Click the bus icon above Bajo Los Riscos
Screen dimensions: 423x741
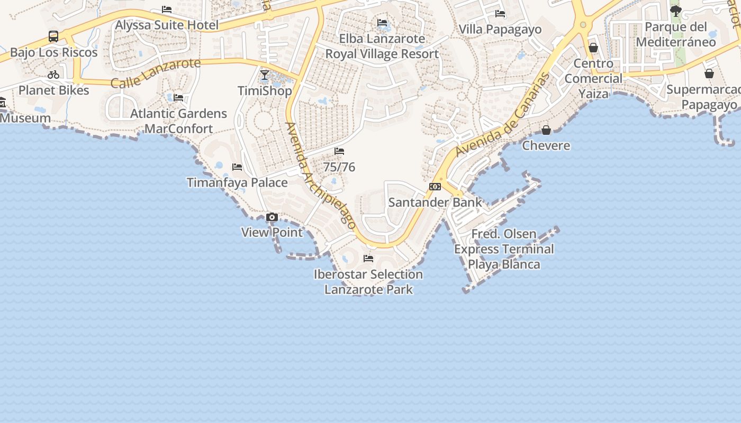point(53,36)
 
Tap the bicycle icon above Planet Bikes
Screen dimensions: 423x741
point(53,75)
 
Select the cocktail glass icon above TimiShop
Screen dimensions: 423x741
point(265,75)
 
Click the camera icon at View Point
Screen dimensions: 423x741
point(272,217)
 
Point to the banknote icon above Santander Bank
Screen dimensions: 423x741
point(435,187)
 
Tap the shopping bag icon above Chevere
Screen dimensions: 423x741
point(546,130)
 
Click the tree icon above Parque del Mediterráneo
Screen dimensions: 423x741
point(676,11)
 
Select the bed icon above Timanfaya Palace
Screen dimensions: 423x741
point(237,167)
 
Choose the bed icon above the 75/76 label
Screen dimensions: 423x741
point(339,152)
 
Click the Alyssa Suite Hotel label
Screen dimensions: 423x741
point(167,25)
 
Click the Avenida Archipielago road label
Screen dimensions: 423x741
point(321,176)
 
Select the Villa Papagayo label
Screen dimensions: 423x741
point(500,29)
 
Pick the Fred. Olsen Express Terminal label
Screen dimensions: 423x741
point(504,249)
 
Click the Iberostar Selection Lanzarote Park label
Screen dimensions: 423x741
point(368,282)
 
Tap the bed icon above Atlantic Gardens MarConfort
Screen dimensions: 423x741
point(178,98)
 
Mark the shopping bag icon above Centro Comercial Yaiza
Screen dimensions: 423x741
point(593,48)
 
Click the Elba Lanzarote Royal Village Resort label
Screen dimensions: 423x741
point(382,47)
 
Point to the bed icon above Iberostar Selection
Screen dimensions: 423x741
point(368,259)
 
